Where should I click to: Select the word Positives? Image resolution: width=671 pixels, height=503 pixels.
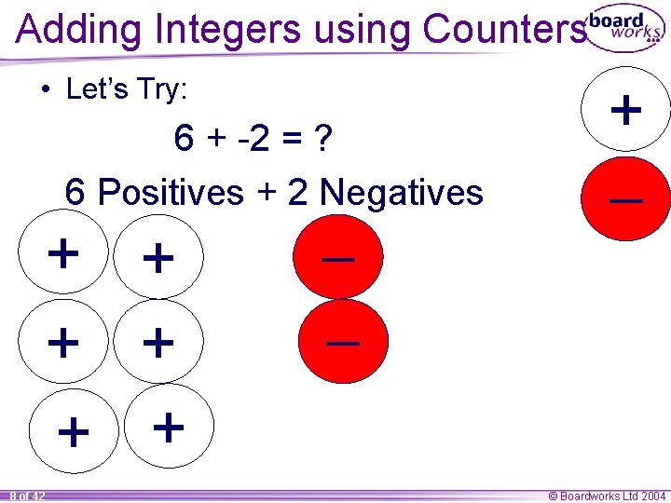pyautogui.click(x=170, y=193)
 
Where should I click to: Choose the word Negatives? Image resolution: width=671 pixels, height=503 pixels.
pyautogui.click(x=401, y=193)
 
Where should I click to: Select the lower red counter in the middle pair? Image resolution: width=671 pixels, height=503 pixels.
pyautogui.click(x=344, y=342)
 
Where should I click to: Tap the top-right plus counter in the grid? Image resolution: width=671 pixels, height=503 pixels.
pyautogui.click(x=158, y=258)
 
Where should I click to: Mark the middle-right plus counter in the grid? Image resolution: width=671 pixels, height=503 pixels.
pyautogui.click(x=158, y=343)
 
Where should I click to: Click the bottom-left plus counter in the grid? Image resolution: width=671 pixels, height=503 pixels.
pyautogui.click(x=74, y=432)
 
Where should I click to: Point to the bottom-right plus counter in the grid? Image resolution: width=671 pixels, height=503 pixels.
pyautogui.click(x=168, y=427)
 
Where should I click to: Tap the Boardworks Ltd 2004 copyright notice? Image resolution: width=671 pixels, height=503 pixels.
pyautogui.click(x=606, y=496)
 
